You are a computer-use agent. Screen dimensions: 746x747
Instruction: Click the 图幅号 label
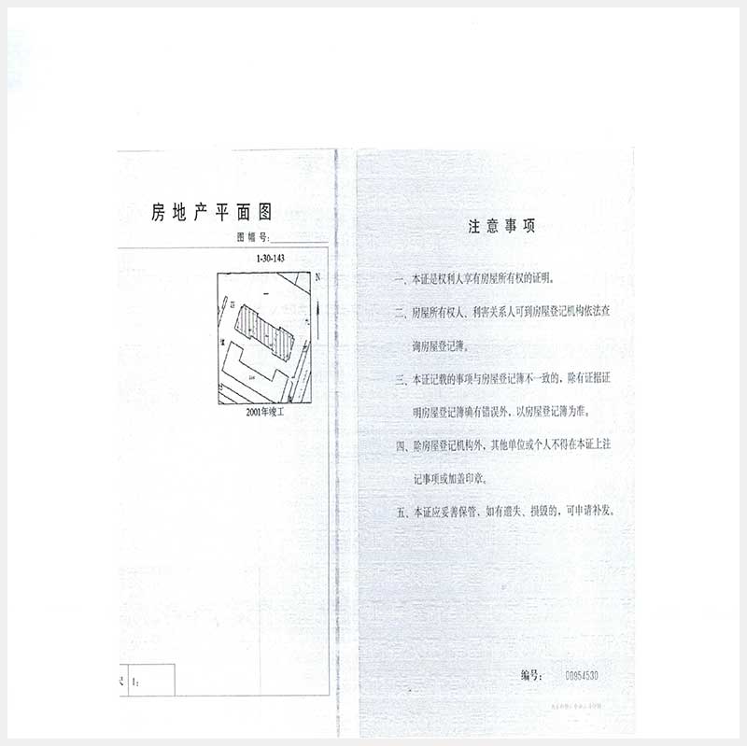(x=252, y=238)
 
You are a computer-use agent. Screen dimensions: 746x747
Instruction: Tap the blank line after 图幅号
(x=298, y=240)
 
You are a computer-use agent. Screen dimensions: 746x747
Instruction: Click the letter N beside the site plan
(x=317, y=277)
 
